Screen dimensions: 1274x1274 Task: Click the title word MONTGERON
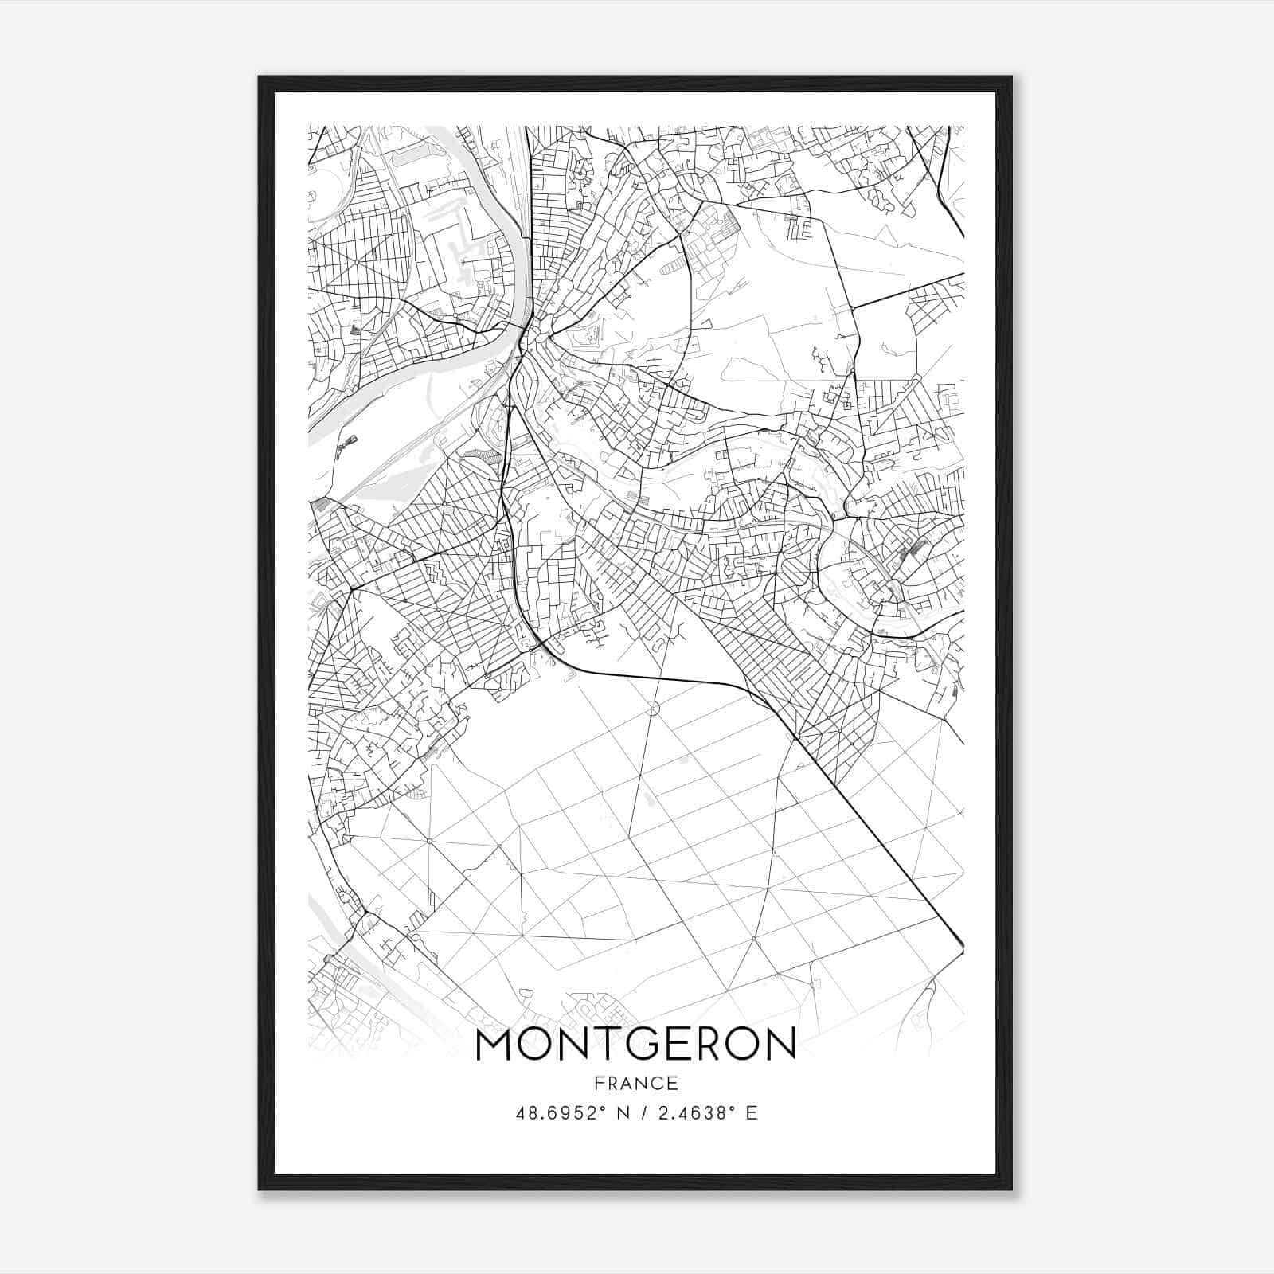point(635,1045)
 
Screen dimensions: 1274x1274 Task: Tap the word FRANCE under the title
point(635,1084)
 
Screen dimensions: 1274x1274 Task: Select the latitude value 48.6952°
point(554,1113)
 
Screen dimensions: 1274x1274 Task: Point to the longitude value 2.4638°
point(692,1113)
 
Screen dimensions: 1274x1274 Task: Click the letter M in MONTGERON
point(495,1045)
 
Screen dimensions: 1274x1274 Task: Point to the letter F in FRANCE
point(598,1084)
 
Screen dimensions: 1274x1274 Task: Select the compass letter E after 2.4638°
point(752,1113)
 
